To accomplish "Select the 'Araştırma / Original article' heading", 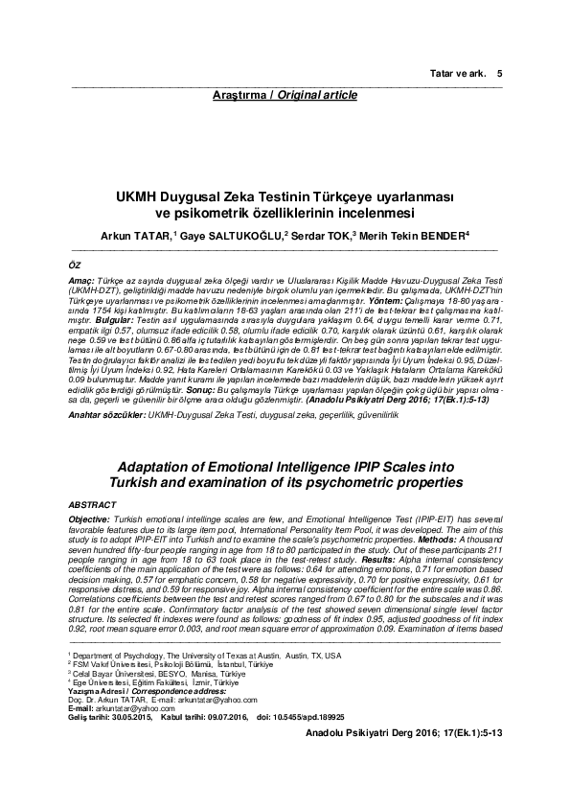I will [285, 95].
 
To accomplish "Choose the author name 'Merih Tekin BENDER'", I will [412, 234].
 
